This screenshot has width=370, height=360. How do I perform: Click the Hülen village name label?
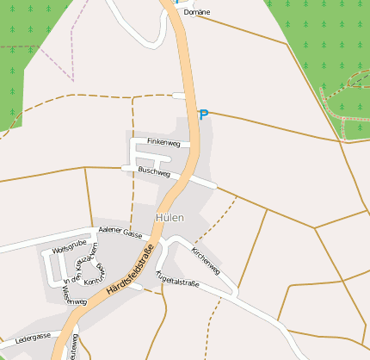point(170,218)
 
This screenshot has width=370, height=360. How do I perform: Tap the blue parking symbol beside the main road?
point(204,115)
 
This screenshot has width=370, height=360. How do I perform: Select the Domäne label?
point(197,13)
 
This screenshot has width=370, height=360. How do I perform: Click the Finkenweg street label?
point(163,141)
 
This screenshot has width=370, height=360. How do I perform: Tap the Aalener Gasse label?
point(120,232)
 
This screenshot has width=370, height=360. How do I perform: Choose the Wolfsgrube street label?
point(70,248)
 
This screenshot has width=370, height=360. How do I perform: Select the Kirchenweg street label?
point(206,260)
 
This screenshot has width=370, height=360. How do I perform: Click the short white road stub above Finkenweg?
point(178,95)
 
